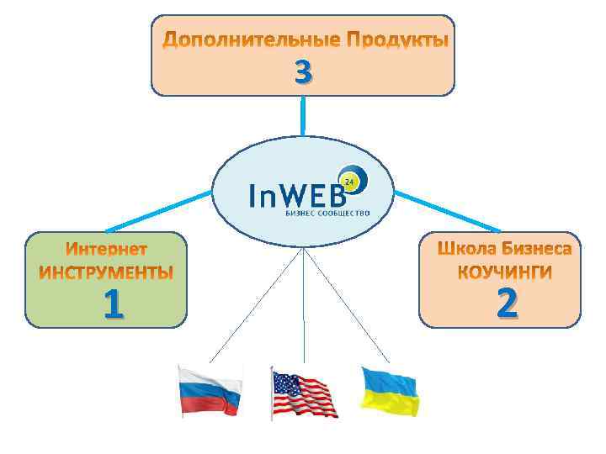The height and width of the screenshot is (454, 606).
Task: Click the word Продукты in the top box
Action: [x=396, y=40]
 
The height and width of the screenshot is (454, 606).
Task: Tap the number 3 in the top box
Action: [x=303, y=73]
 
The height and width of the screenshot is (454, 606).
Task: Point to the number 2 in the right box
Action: [x=506, y=304]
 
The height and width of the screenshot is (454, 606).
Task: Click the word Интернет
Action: [x=107, y=250]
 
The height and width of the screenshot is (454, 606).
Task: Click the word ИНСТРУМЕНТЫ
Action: [x=107, y=272]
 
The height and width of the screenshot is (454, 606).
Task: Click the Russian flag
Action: [x=210, y=392]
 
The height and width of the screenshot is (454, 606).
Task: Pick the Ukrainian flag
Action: [x=390, y=391]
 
